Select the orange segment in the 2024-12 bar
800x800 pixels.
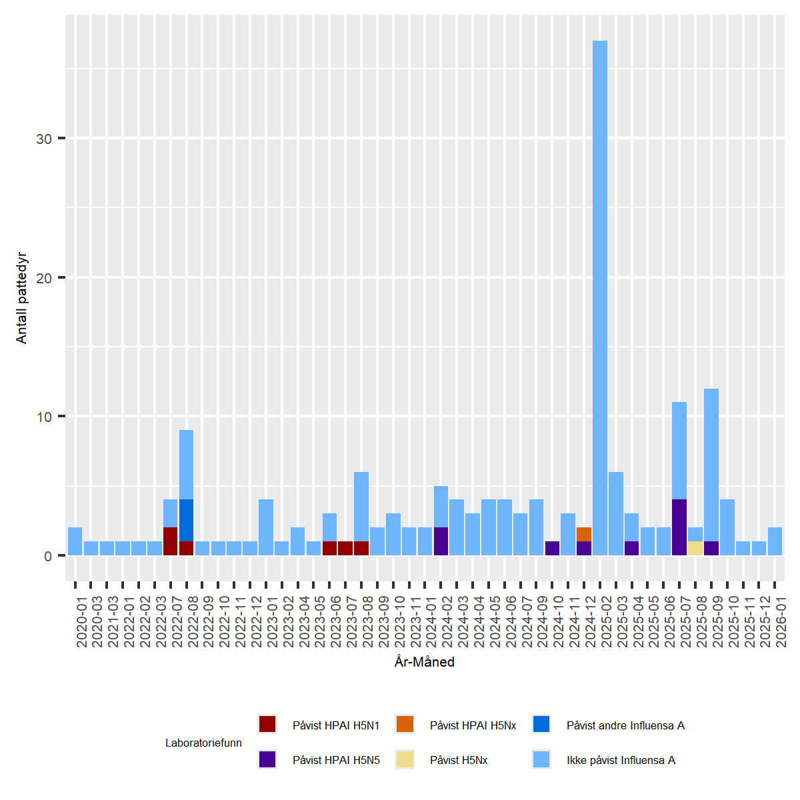pyautogui.click(x=584, y=534)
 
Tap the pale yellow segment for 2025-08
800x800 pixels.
pyautogui.click(x=695, y=548)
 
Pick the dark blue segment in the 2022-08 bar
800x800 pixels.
pyautogui.click(x=187, y=520)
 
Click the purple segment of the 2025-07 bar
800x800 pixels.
pyautogui.click(x=679, y=527)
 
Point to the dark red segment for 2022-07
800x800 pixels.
pyautogui.click(x=171, y=541)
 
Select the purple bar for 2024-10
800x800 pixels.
pyautogui.click(x=552, y=548)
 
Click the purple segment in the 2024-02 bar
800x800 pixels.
pyautogui.click(x=441, y=541)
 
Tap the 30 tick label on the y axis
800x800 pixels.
pyautogui.click(x=44, y=139)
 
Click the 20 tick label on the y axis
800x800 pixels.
pyautogui.click(x=44, y=278)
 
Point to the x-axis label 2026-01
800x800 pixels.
pyautogui.click(x=775, y=620)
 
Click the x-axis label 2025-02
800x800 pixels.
pyautogui.click(x=600, y=620)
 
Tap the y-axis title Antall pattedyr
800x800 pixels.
pyautogui.click(x=21, y=297)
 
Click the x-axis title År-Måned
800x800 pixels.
pyautogui.click(x=425, y=662)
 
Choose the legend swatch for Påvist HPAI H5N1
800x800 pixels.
pyautogui.click(x=267, y=725)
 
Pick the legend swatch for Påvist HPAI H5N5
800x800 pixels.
pyautogui.click(x=267, y=759)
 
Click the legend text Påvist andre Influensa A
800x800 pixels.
pyautogui.click(x=625, y=725)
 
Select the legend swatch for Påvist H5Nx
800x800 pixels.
pyautogui.click(x=405, y=759)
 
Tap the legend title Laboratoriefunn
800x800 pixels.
pyautogui.click(x=203, y=743)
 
